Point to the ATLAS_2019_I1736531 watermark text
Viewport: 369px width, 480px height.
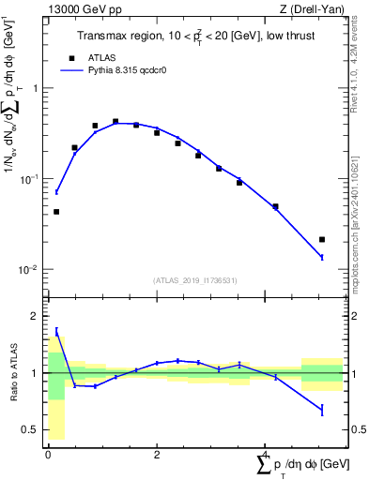click(x=194, y=279)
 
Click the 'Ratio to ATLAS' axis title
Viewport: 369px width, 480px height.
click(x=12, y=373)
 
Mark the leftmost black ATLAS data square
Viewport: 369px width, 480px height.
click(x=56, y=212)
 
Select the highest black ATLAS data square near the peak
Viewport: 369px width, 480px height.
click(x=115, y=122)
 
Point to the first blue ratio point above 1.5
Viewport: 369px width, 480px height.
click(x=56, y=331)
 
